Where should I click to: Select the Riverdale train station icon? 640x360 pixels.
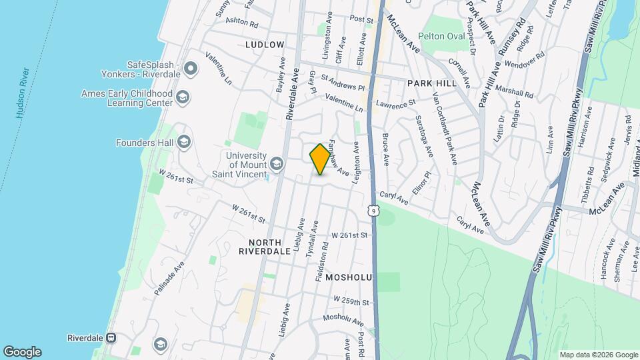coord(112,338)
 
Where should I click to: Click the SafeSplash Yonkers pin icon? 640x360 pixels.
coord(191,68)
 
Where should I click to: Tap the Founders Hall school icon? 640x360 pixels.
coord(183,142)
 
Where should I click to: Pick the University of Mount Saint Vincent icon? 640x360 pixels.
coord(276,164)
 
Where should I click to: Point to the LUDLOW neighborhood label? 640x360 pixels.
coord(265,45)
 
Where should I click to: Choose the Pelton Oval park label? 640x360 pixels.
coord(441,36)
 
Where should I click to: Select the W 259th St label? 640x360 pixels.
coord(351,301)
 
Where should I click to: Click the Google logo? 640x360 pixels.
coord(22,351)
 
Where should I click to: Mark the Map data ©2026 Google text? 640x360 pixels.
coord(598,355)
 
